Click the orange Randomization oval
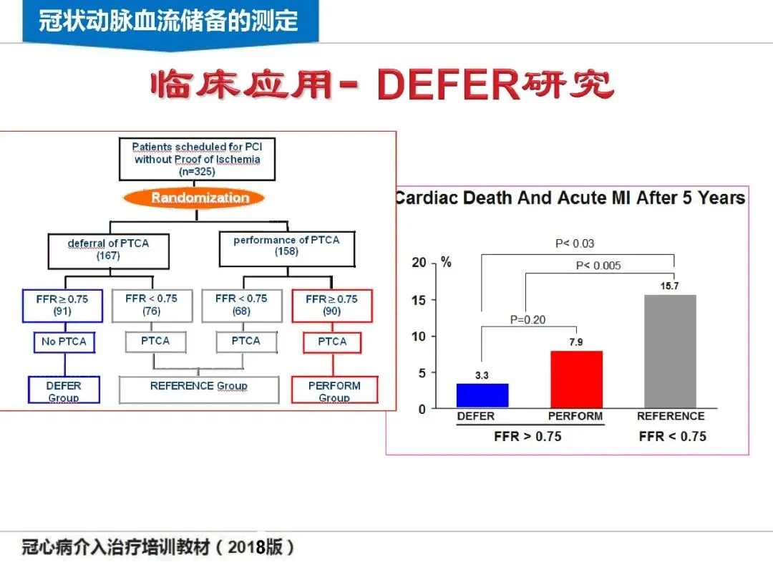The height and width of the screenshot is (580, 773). click(200, 198)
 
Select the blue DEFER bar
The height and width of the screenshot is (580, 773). click(482, 395)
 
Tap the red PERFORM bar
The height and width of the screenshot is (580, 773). click(576, 380)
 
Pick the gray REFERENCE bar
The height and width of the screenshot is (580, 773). click(670, 351)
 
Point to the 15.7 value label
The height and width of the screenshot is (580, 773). click(670, 286)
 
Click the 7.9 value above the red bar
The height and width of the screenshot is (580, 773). click(576, 342)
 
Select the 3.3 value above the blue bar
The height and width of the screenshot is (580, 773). click(482, 375)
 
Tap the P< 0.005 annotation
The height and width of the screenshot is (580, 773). click(598, 266)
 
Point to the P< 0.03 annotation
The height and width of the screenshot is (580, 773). click(575, 243)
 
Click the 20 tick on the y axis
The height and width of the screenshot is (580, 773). click(419, 263)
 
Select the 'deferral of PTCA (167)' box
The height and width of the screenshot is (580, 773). click(109, 249)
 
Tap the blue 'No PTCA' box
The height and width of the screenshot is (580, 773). click(64, 342)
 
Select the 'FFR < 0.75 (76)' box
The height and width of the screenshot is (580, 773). click(151, 304)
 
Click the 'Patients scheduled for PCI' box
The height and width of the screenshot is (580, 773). click(197, 158)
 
